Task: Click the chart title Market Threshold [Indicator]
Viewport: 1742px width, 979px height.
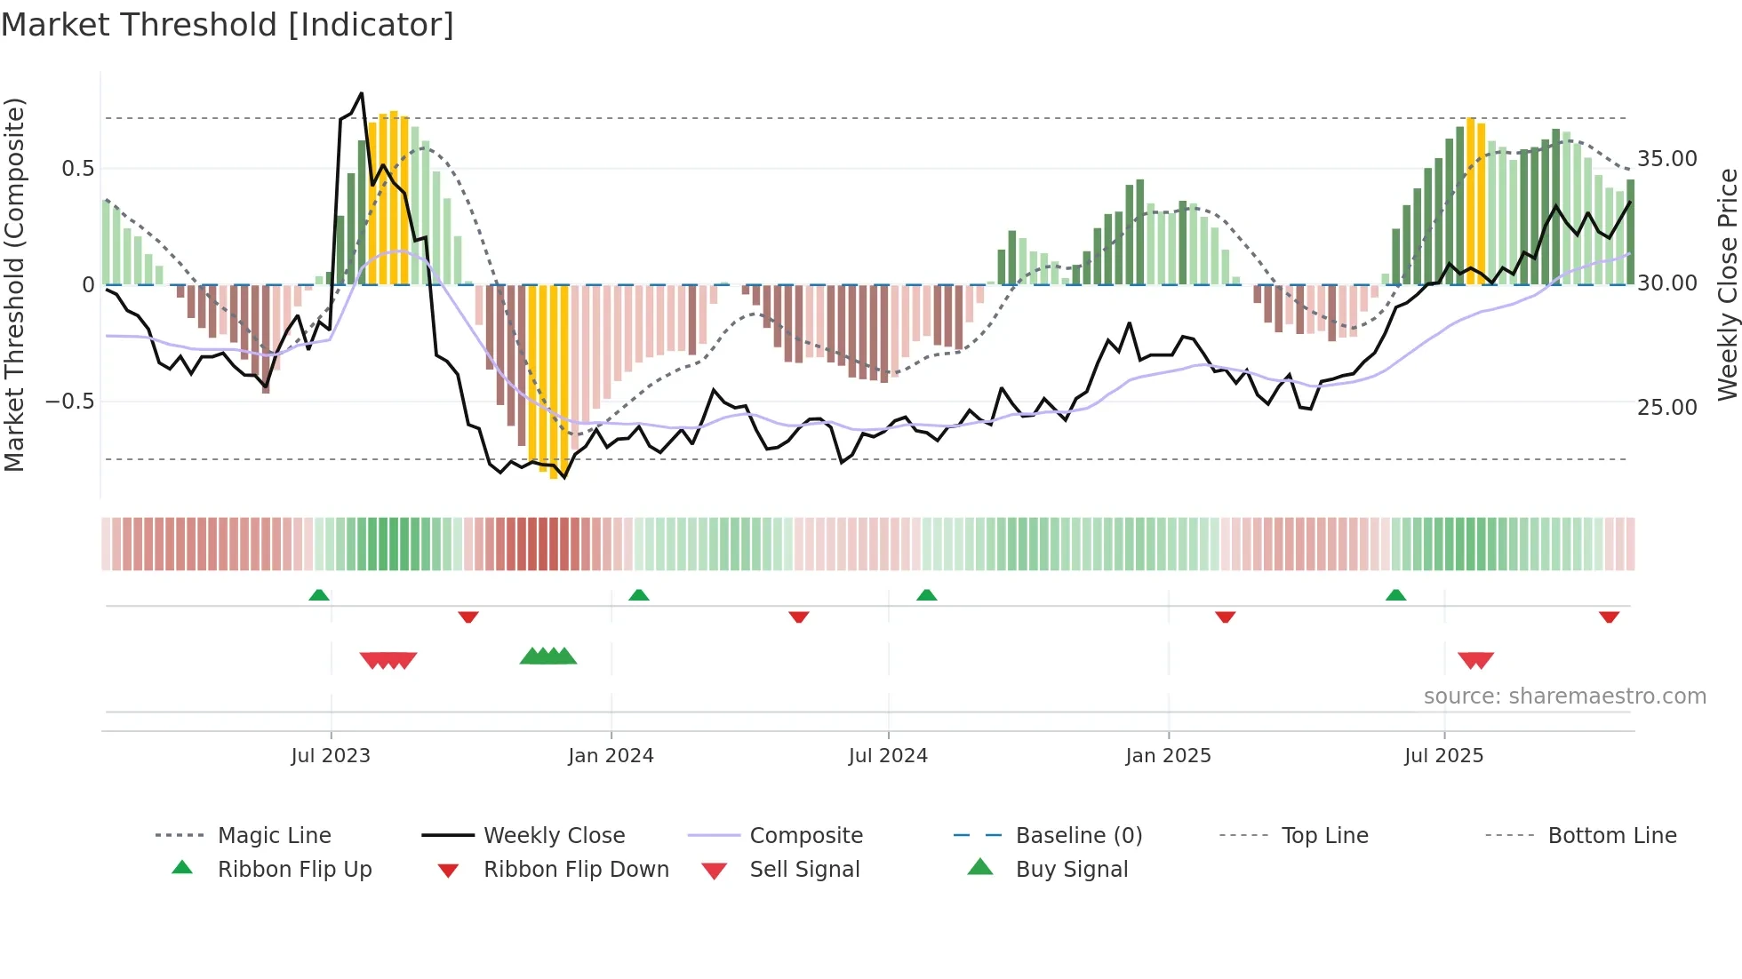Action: pos(228,25)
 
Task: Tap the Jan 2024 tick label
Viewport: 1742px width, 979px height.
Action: pos(611,756)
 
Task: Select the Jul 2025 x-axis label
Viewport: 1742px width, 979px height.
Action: pos(1443,756)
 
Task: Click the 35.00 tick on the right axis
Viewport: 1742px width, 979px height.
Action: pos(1666,159)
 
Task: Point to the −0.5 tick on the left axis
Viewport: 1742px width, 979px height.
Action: pos(69,402)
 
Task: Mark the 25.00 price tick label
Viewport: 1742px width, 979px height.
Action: pos(1666,408)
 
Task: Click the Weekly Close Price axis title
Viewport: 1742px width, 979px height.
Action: pos(1727,284)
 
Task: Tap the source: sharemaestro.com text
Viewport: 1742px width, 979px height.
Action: pos(1564,696)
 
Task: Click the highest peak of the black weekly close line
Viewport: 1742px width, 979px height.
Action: pos(361,93)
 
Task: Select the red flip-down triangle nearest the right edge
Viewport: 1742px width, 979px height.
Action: pos(1609,617)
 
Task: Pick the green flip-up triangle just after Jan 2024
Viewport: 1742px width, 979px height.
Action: pos(638,595)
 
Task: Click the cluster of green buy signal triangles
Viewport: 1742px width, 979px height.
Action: pos(548,657)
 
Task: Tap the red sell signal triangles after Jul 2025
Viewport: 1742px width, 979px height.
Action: pos(1475,660)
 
